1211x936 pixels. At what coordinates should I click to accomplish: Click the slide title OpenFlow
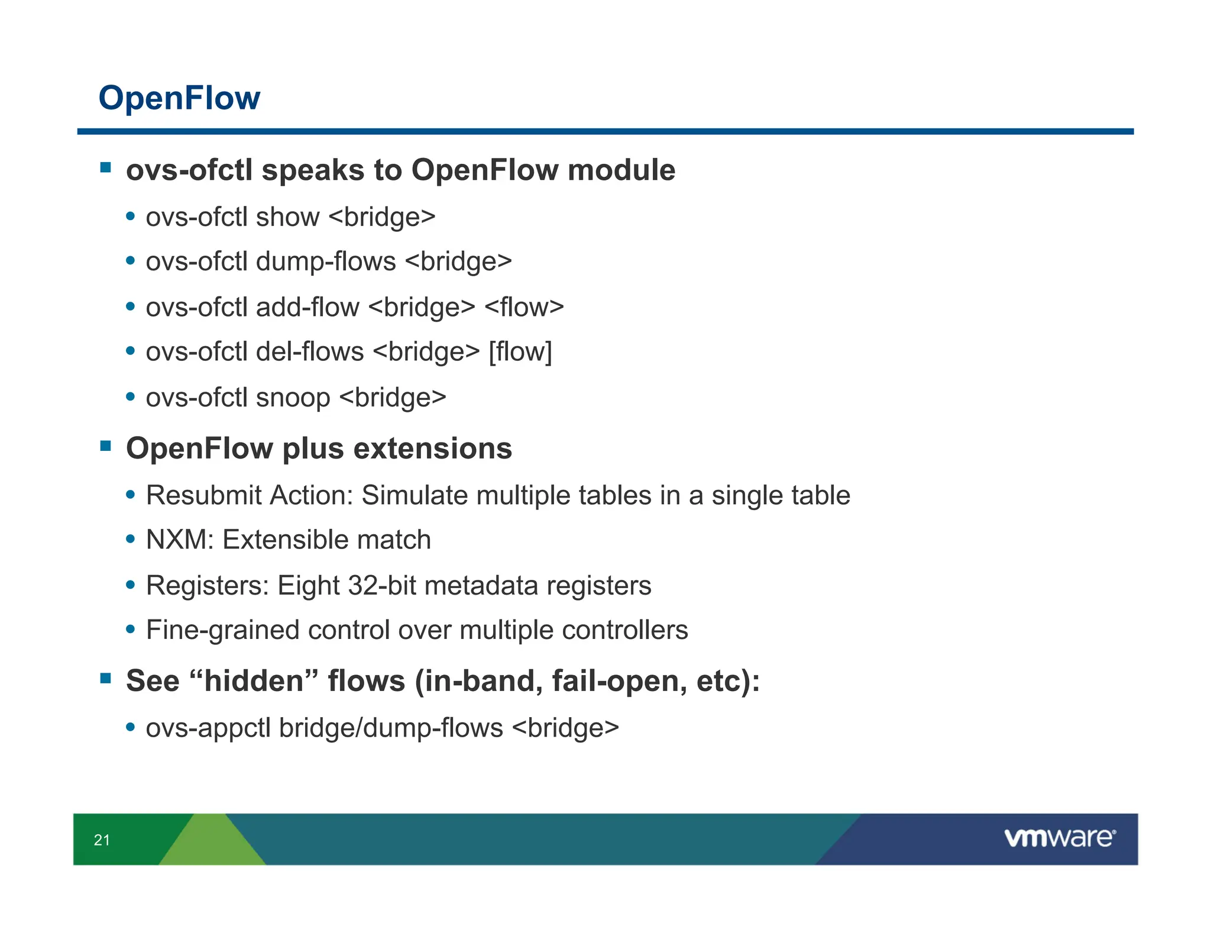(x=179, y=98)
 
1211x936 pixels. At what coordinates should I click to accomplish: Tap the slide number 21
(x=102, y=840)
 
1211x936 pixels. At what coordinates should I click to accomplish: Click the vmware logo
(x=1060, y=838)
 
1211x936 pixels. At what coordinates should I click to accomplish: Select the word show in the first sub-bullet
(x=287, y=217)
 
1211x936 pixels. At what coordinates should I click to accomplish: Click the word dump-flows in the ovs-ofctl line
(x=325, y=262)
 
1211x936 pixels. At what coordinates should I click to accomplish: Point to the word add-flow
(x=307, y=308)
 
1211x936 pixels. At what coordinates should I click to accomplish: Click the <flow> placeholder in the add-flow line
(x=524, y=308)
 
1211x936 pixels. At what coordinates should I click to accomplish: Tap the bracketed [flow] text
(x=520, y=352)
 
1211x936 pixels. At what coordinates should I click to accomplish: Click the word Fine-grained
(x=222, y=631)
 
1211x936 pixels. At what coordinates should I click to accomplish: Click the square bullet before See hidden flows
(x=106, y=678)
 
